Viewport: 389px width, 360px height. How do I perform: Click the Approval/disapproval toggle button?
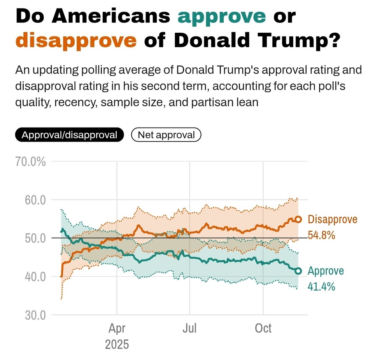[x=69, y=135]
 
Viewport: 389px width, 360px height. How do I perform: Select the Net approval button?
[x=166, y=135]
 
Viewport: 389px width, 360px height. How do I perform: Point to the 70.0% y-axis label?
[x=30, y=162]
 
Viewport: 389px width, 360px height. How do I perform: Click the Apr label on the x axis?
[x=117, y=328]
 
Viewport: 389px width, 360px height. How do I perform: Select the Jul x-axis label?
[x=189, y=328]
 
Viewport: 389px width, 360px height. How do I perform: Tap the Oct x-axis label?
[x=263, y=328]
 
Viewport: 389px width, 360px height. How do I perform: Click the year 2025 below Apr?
[x=117, y=344]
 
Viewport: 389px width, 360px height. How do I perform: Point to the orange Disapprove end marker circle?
[x=298, y=220]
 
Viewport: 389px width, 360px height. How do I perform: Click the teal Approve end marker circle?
[x=298, y=271]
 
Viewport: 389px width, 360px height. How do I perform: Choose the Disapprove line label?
[x=332, y=220]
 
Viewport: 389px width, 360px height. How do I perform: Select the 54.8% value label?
[x=321, y=235]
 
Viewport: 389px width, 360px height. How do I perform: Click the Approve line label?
[x=326, y=271]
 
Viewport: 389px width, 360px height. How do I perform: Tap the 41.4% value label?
[x=321, y=287]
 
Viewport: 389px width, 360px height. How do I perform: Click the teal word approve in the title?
[x=222, y=16]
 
